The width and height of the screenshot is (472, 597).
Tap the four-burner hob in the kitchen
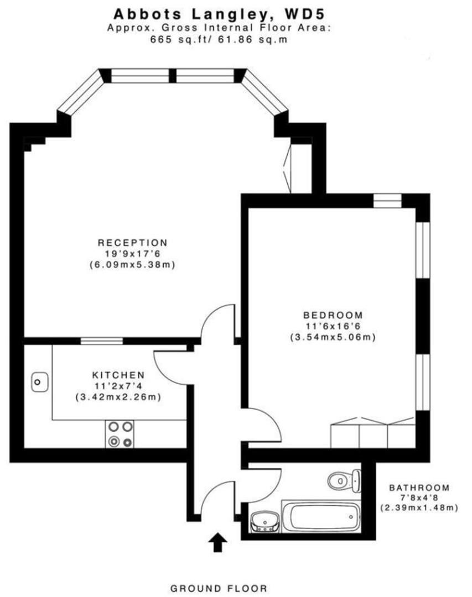click(121, 434)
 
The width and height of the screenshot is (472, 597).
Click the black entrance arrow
click(217, 542)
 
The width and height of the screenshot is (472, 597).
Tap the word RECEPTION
click(132, 243)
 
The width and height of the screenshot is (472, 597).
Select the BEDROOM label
click(332, 314)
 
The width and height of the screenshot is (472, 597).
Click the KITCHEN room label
click(118, 375)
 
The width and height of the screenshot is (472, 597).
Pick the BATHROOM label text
click(419, 488)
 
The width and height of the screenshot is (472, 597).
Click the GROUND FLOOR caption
click(219, 588)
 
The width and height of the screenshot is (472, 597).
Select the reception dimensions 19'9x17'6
click(132, 254)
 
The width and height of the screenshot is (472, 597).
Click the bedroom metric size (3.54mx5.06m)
click(333, 337)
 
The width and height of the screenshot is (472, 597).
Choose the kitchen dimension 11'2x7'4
click(118, 386)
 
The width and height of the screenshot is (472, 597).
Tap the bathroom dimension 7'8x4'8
click(419, 498)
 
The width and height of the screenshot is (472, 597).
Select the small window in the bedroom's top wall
click(387, 200)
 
